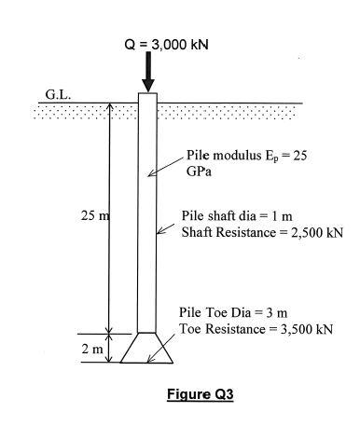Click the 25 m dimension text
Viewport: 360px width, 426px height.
click(95, 216)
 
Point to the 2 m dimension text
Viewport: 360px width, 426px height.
click(91, 349)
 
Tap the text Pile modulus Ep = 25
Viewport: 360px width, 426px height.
click(244, 156)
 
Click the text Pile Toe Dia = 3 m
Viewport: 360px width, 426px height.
click(233, 313)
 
